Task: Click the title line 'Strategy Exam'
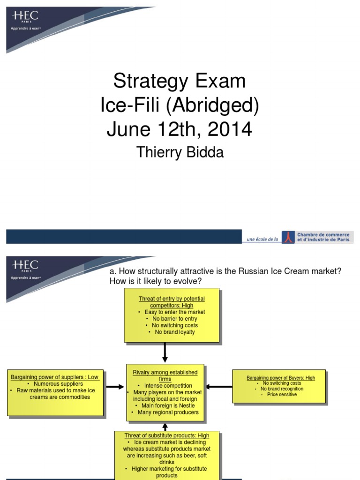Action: pyautogui.click(x=180, y=81)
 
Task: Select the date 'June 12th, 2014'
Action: pyautogui.click(x=180, y=129)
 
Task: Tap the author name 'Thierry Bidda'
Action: pyautogui.click(x=180, y=152)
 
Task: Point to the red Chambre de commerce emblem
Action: pyautogui.click(x=288, y=237)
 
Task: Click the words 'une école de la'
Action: pyautogui.click(x=262, y=239)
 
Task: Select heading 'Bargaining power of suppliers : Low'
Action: pyautogui.click(x=55, y=377)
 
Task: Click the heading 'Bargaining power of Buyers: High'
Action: pyautogui.click(x=281, y=378)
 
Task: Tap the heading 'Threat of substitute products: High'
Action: pyautogui.click(x=167, y=435)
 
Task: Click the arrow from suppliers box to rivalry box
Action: pyautogui.click(x=115, y=387)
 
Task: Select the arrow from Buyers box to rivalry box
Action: pyautogui.click(x=219, y=387)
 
